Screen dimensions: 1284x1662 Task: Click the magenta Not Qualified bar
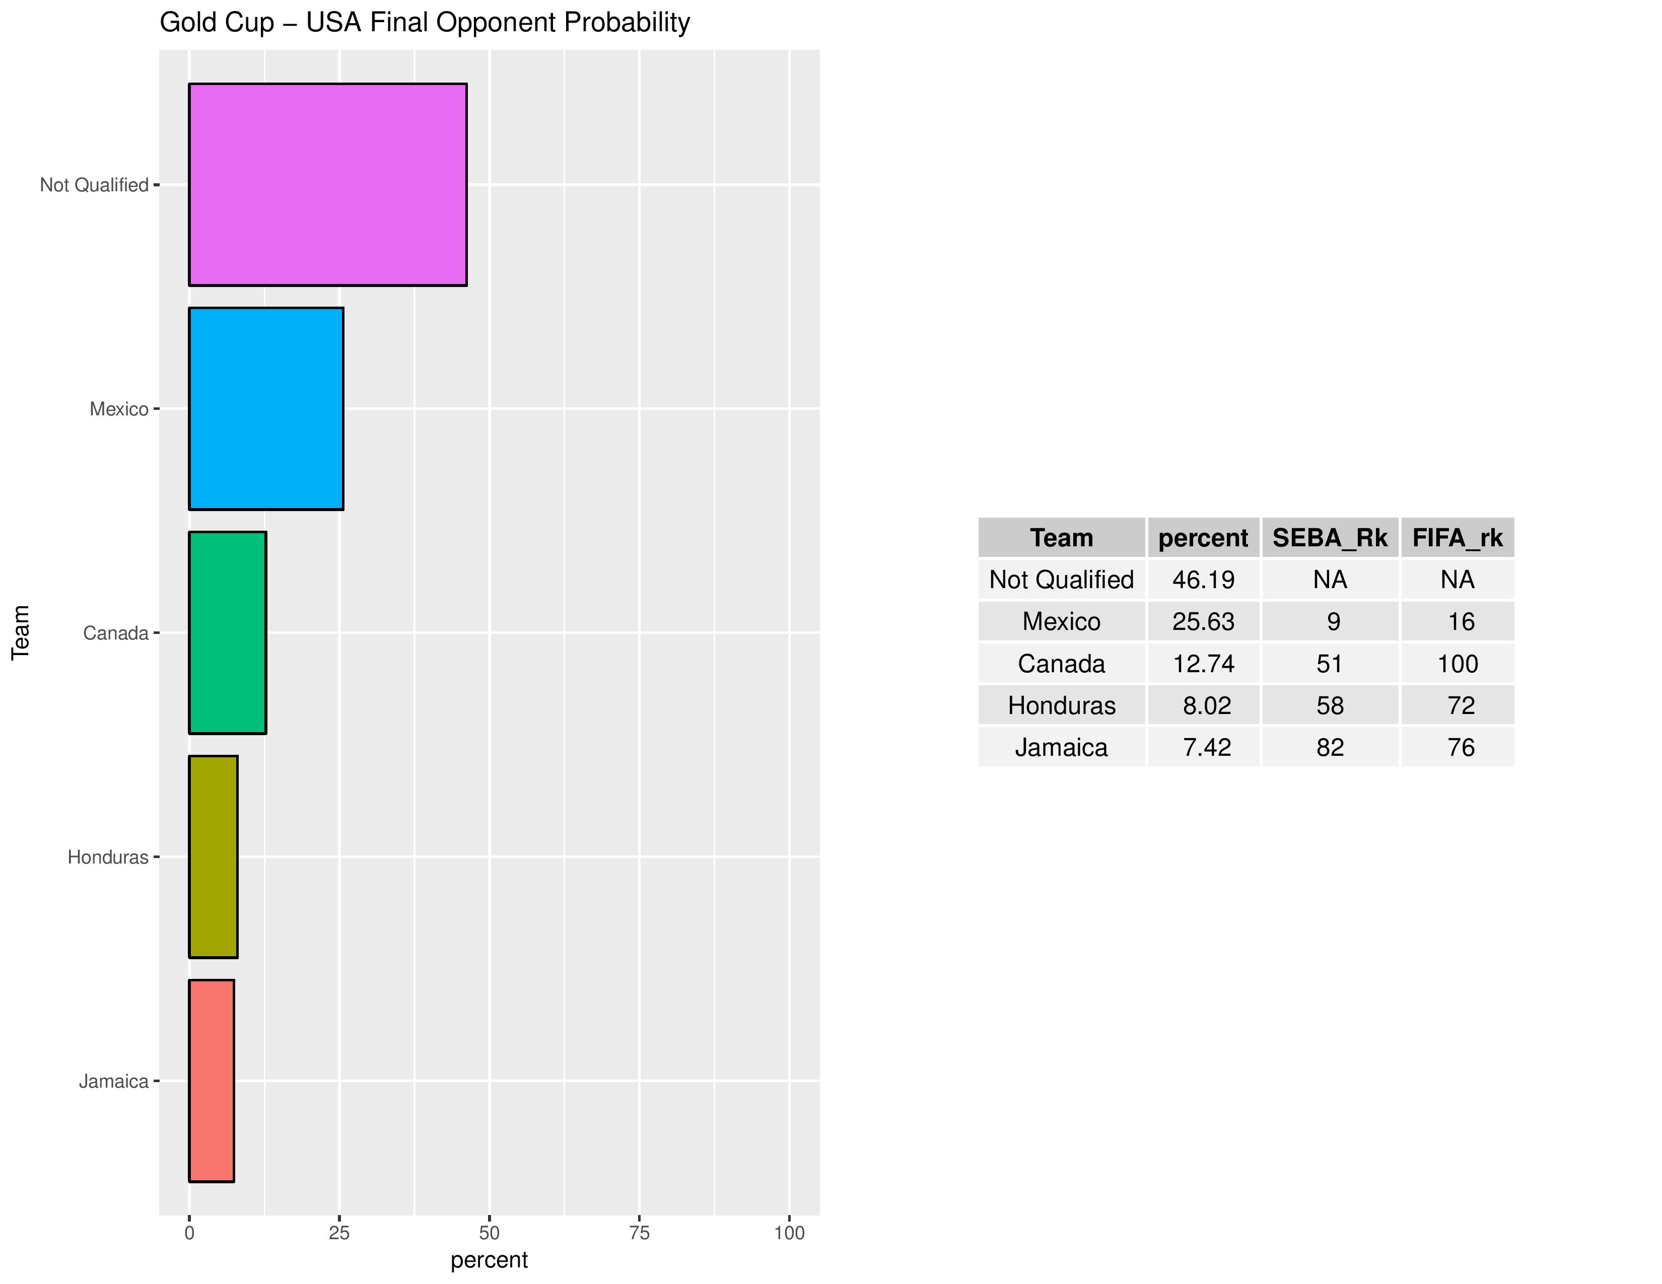coord(327,185)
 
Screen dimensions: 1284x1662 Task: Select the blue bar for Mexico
coord(265,408)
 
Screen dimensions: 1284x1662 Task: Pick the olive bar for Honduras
coord(213,857)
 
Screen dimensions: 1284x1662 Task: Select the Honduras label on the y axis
coord(108,858)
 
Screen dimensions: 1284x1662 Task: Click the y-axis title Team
coord(21,632)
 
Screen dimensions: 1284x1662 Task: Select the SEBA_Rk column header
coord(1330,538)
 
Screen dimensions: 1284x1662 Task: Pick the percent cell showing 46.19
coord(1203,580)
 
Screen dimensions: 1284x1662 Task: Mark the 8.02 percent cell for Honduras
coord(1206,705)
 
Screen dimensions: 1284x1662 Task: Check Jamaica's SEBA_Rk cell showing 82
coord(1330,747)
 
